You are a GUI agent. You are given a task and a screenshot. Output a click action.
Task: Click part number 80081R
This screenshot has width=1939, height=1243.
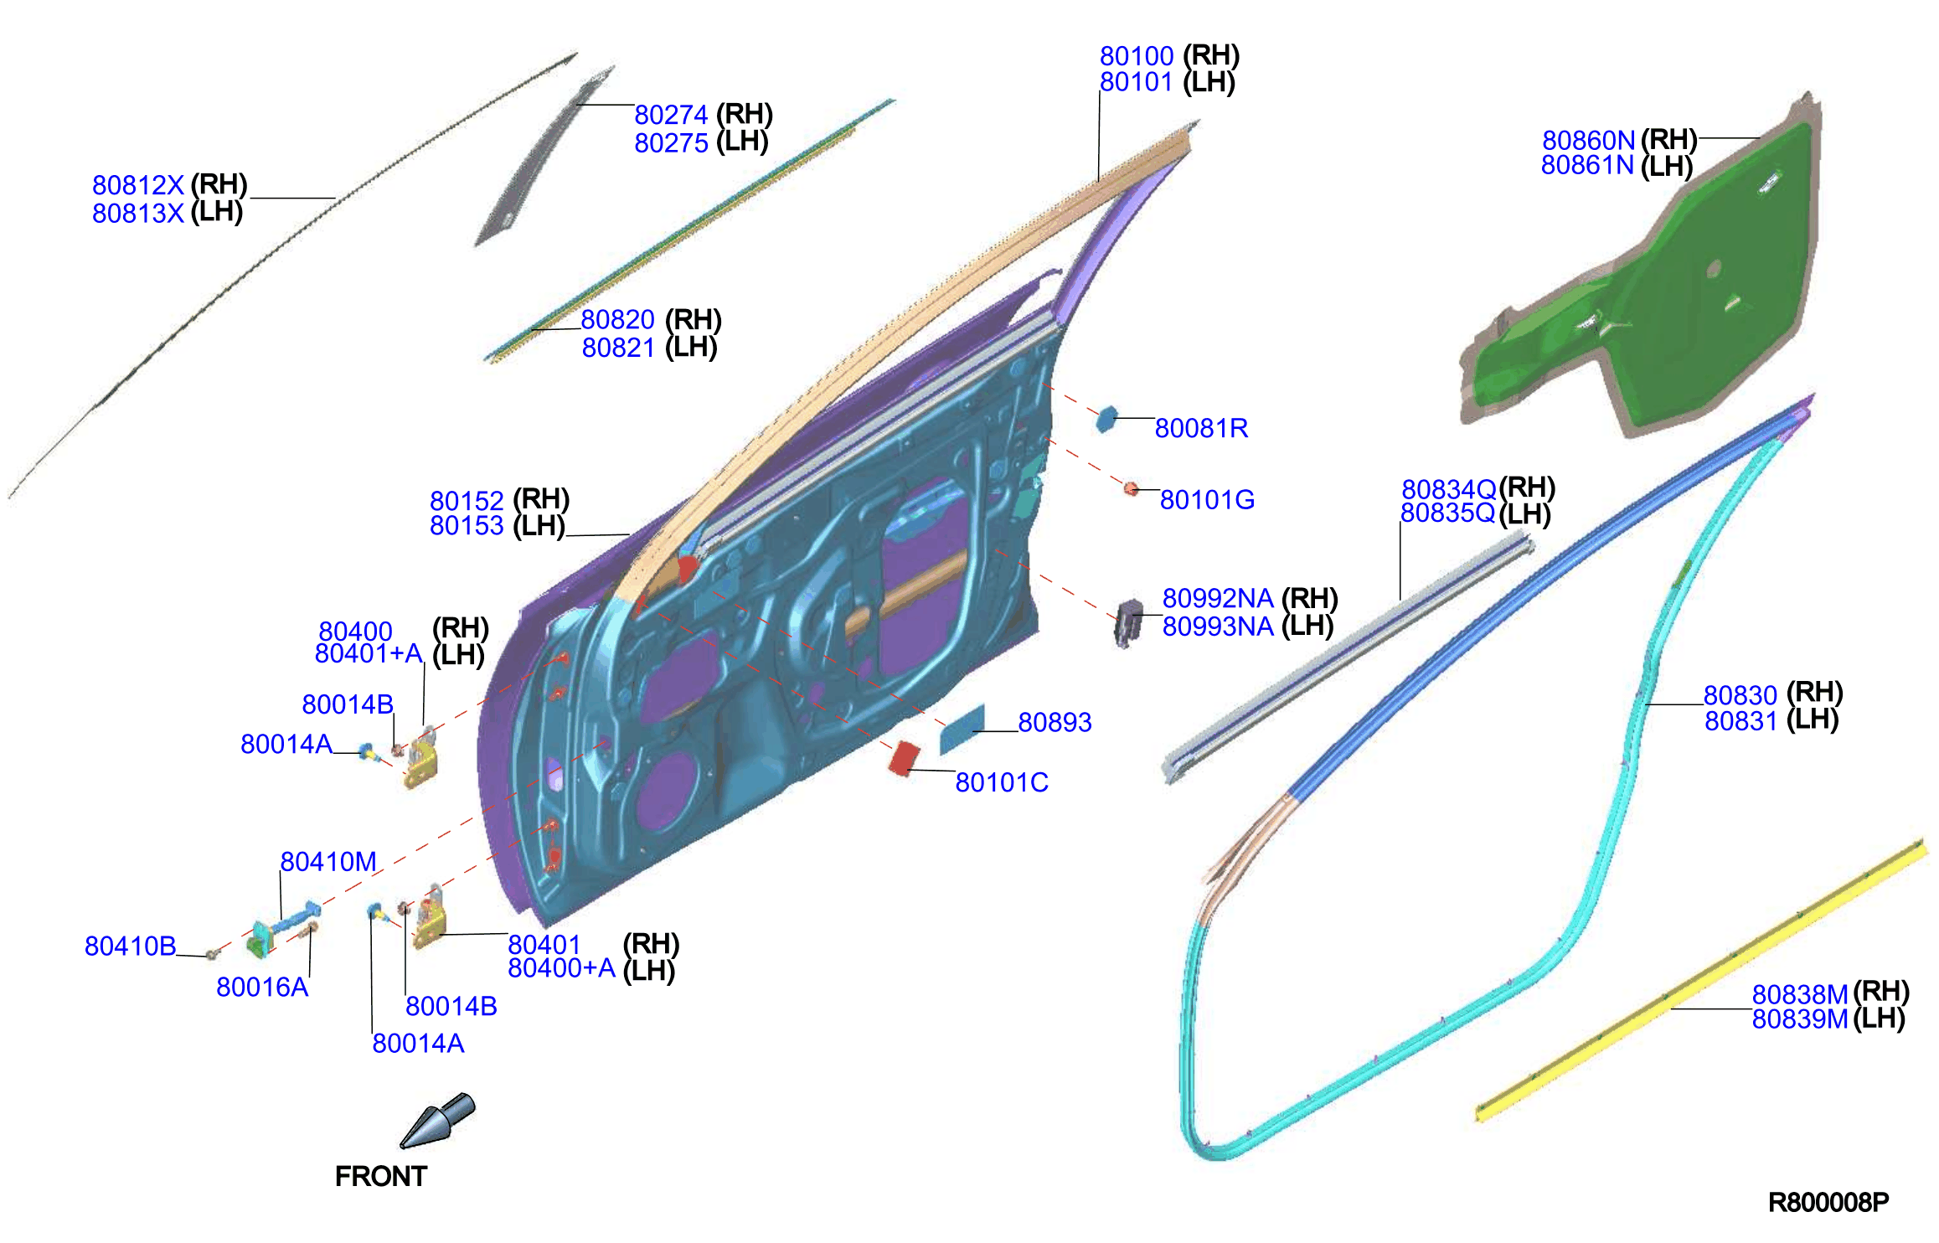click(1201, 428)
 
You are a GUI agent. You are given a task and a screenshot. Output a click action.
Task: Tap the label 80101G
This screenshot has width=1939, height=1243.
click(1207, 500)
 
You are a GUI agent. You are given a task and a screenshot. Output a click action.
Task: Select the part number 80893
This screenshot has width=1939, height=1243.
click(1055, 722)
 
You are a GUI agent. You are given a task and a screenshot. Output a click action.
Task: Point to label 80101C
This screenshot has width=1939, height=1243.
click(1002, 782)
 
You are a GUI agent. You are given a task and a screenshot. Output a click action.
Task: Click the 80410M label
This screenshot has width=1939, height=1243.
click(328, 861)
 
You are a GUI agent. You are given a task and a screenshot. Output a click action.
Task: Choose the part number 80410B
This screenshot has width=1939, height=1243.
click(131, 946)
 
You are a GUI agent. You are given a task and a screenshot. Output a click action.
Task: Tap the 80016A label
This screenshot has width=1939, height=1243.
click(262, 988)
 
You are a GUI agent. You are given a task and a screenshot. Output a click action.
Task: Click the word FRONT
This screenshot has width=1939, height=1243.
click(381, 1177)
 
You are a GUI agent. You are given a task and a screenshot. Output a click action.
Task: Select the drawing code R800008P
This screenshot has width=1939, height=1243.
click(1828, 1203)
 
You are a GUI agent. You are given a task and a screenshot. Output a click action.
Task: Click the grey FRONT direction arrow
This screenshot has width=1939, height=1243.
click(438, 1120)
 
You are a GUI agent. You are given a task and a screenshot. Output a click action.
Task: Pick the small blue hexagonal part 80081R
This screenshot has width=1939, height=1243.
click(1106, 419)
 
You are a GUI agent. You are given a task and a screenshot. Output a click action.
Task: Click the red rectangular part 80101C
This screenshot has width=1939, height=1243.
click(903, 757)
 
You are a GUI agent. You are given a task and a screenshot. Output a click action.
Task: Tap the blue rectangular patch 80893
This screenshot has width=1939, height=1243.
click(962, 729)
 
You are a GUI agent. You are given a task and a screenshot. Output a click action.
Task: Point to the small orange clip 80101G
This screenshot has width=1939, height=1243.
click(1131, 488)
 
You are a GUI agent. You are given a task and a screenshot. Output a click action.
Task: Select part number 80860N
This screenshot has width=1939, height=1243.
click(1588, 140)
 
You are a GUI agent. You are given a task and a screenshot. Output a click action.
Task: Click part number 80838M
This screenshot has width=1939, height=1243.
click(1800, 994)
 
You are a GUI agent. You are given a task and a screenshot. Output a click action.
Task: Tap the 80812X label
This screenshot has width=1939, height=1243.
click(138, 185)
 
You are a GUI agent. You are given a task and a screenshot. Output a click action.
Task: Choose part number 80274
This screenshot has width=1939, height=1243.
click(671, 115)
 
